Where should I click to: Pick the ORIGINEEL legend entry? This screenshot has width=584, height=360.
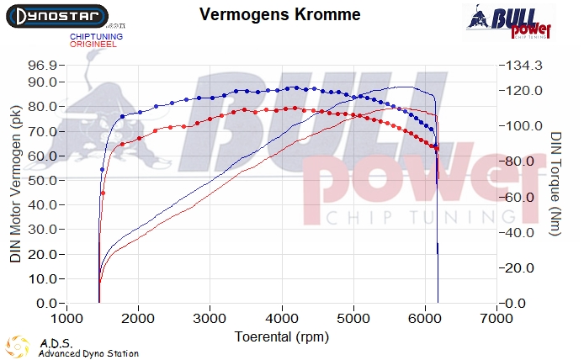tap(93, 44)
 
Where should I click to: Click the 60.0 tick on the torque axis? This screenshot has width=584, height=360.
tap(519, 197)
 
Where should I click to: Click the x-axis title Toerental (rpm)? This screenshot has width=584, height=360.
tap(282, 336)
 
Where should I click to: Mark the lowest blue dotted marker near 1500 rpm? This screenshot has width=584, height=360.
tap(103, 170)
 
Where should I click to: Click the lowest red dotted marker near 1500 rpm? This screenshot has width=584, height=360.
tap(104, 193)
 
